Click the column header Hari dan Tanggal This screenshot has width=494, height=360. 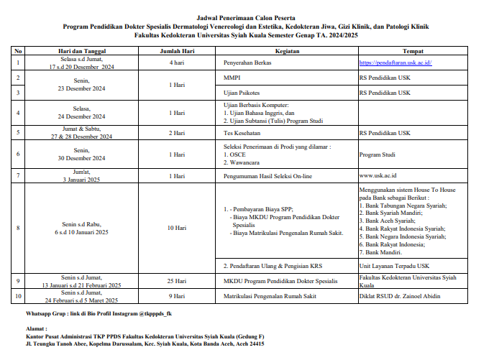pyautogui.click(x=82, y=52)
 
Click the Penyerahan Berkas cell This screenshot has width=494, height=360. pyautogui.click(x=249, y=63)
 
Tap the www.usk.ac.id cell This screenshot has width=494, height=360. pyautogui.click(x=380, y=175)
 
